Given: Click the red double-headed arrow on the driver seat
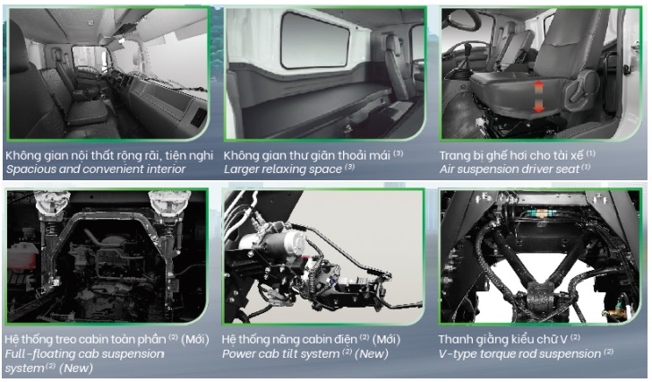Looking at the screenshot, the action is point(538,97).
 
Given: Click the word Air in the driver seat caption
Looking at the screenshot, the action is point(448,169).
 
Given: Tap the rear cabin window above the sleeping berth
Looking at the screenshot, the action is point(315,39).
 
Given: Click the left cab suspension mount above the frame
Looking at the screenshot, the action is point(52,204).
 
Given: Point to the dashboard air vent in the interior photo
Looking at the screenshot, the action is point(199,117).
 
